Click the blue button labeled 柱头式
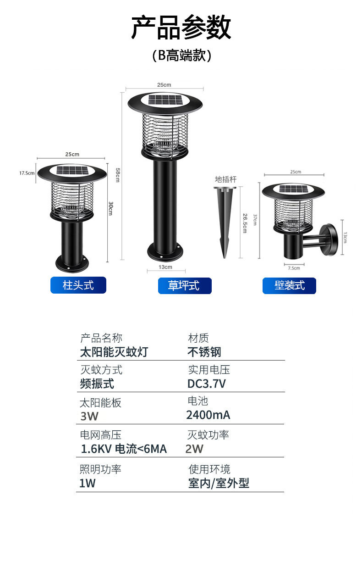78,285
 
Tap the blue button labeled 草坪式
184,285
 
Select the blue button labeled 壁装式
289,285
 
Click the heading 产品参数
181,28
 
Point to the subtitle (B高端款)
181,56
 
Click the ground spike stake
225,220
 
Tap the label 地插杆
225,179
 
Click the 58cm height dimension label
118,175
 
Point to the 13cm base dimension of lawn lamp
165,267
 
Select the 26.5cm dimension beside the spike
245,222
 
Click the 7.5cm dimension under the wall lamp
294,268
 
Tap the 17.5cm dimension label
27,173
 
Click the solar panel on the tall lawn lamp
165,100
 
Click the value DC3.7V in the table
207,384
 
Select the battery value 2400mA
208,415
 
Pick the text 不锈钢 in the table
204,352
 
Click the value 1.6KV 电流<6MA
124,449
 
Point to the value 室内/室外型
219,483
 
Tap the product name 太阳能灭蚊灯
114,352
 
